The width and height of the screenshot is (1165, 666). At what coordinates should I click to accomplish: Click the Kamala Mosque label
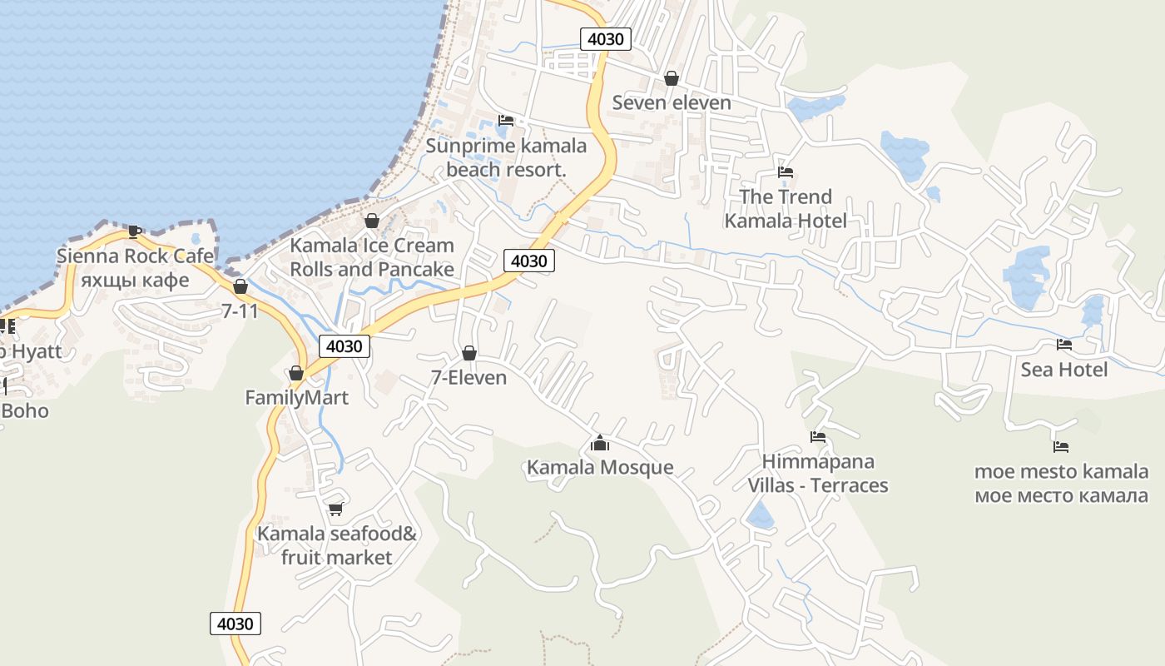[600, 467]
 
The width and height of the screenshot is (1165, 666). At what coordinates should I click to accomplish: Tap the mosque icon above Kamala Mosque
[600, 443]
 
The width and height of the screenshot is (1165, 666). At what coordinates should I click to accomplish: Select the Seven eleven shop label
[672, 102]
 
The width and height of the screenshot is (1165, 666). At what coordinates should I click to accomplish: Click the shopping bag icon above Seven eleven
[672, 78]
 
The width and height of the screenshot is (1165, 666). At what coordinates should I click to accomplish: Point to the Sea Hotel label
[1064, 370]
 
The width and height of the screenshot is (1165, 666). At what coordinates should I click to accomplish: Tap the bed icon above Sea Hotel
[1064, 345]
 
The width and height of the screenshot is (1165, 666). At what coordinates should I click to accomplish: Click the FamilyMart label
[296, 398]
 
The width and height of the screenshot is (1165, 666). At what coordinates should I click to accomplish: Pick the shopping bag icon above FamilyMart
[296, 373]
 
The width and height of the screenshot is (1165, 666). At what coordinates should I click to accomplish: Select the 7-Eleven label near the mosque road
[468, 378]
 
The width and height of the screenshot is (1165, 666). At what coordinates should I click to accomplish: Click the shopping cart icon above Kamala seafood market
[336, 509]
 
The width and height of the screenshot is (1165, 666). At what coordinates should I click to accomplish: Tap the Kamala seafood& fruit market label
[336, 545]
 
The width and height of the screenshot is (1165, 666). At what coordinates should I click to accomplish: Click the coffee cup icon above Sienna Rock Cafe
[135, 231]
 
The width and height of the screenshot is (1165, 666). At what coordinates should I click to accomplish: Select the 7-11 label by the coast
[240, 311]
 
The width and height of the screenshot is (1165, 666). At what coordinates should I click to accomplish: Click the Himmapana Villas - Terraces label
[818, 473]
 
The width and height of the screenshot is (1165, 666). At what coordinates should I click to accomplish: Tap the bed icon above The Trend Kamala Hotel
[786, 172]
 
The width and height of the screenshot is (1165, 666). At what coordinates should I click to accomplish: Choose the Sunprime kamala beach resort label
[506, 157]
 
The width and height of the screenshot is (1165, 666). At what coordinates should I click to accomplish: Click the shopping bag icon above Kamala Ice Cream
[372, 221]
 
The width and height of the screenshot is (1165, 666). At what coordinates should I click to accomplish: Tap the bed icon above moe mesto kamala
[1061, 447]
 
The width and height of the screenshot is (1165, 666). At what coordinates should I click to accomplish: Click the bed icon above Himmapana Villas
[818, 436]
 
